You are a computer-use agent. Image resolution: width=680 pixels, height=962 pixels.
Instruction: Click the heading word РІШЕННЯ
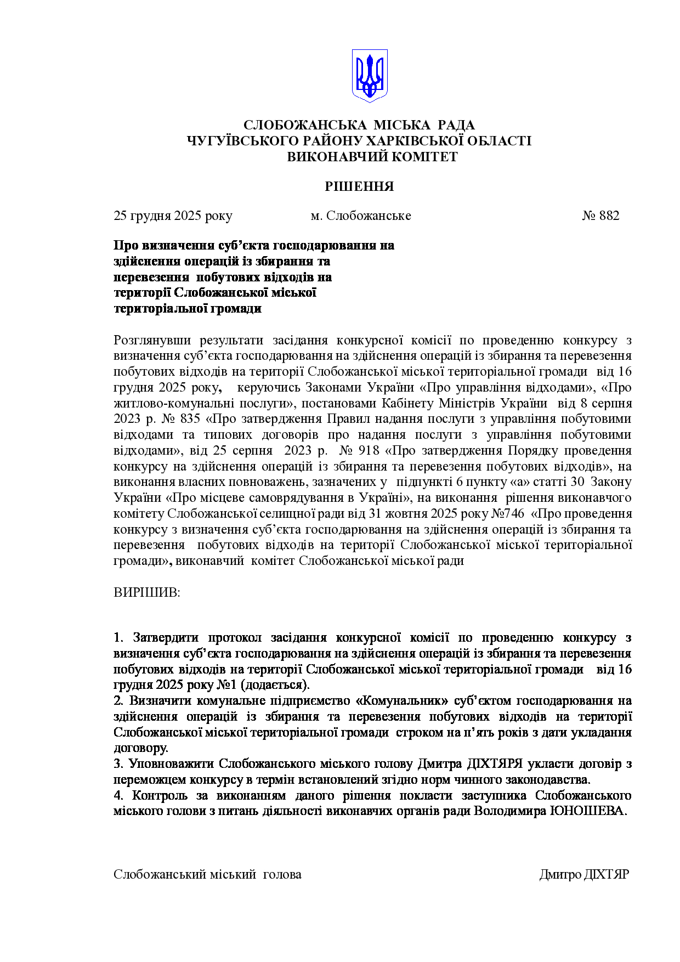[x=359, y=186]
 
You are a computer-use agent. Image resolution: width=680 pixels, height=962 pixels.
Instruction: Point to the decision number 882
[x=609, y=216]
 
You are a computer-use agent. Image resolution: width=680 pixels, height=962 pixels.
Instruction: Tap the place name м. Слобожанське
[x=361, y=216]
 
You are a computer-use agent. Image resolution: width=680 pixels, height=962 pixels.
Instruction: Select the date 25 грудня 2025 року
[x=173, y=216]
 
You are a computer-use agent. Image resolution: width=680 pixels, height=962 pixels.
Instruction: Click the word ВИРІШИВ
[x=146, y=593]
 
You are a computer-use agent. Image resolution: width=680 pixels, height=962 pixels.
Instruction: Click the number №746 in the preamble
[x=507, y=514]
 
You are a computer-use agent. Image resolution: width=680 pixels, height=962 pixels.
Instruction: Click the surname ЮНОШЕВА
[x=588, y=811]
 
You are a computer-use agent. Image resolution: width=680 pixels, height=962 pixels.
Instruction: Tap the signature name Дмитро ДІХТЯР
[x=584, y=874]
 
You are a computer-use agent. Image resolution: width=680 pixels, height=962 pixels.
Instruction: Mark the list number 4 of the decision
[x=117, y=796]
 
